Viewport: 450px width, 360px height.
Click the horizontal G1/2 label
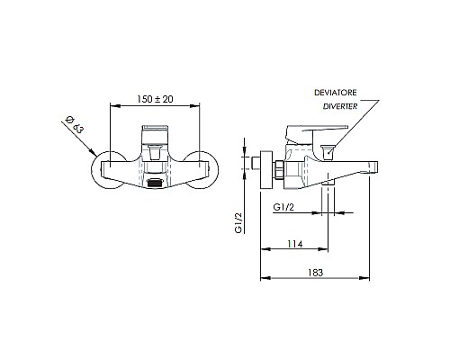(x=285, y=207)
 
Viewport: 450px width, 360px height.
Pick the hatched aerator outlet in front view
(x=156, y=183)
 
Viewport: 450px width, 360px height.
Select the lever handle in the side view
(x=304, y=135)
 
